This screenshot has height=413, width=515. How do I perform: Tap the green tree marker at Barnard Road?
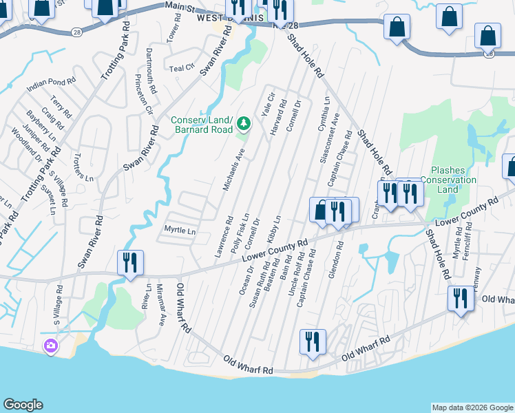coord(243,124)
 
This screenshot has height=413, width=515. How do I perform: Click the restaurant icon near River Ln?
coord(130,262)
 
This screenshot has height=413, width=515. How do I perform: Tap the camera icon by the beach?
coord(50,346)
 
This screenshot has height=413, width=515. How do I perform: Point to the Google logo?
coord(23,405)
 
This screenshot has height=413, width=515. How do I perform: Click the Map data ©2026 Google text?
coord(472,407)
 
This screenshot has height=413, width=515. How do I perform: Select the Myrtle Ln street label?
coord(180,231)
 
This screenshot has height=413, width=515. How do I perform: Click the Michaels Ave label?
coord(233,169)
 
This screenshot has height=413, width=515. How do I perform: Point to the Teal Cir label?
coord(182,68)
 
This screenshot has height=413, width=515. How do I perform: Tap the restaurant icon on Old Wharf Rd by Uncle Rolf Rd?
coord(312,341)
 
